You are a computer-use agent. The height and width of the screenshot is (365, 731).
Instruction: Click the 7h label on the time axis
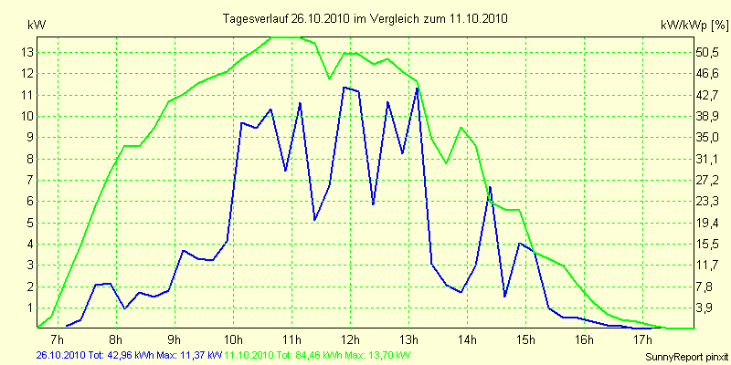coord(58,340)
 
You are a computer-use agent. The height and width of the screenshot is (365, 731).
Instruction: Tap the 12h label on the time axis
coord(350,340)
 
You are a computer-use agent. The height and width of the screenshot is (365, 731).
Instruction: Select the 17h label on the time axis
coord(642,340)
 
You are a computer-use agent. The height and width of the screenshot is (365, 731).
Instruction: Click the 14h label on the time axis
coord(467,340)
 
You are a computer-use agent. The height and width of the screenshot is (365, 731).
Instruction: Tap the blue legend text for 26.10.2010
coord(128,354)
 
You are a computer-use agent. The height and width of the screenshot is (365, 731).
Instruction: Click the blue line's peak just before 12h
coord(344,88)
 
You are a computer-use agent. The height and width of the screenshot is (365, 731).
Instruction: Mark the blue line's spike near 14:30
coord(491,187)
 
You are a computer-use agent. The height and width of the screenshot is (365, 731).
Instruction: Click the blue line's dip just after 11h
coord(315,220)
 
